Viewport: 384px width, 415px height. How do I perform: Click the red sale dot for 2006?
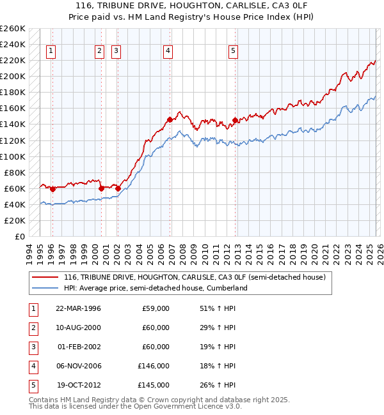pos(170,119)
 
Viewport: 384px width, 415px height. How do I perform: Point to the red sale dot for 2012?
pos(235,120)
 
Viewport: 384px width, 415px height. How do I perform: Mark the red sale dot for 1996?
pos(52,189)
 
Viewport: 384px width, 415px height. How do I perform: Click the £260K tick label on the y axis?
pos(12,29)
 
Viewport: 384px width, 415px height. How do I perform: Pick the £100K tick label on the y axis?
pos(12,156)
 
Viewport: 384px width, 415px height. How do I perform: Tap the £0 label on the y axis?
pos(19,236)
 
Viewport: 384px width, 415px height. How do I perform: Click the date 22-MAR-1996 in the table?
pos(78,308)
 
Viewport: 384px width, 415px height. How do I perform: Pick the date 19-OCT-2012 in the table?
pos(78,385)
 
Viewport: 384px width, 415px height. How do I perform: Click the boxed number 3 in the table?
pos(33,347)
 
